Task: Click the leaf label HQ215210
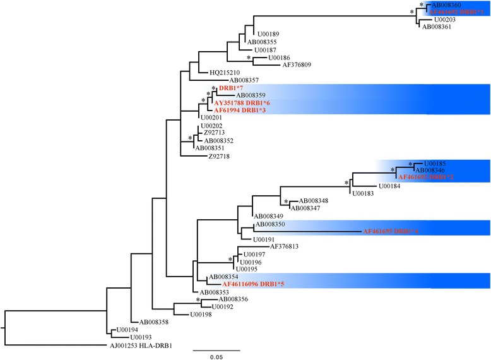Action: pyautogui.click(x=214, y=73)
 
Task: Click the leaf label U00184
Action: pyautogui.click(x=389, y=186)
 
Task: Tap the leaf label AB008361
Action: pyautogui.click(x=437, y=27)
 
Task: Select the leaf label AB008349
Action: pyautogui.click(x=268, y=216)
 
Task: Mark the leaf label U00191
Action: pyautogui.click(x=265, y=239)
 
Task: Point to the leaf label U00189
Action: pyautogui.click(x=266, y=33)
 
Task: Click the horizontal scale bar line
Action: pyautogui.click(x=216, y=349)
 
